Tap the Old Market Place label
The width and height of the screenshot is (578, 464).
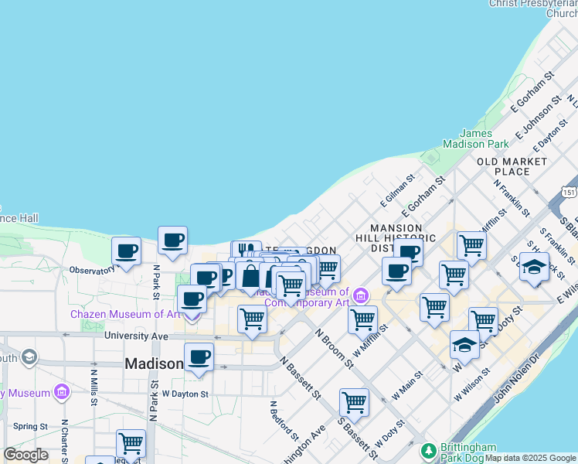tap(512, 166)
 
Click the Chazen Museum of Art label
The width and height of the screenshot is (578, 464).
tap(124, 314)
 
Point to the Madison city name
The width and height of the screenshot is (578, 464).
tap(154, 363)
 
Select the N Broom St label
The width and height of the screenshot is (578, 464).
tap(335, 346)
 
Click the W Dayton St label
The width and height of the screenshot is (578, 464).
tap(185, 394)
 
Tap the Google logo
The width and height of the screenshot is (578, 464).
tap(25, 455)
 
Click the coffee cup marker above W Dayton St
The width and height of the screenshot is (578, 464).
tap(199, 357)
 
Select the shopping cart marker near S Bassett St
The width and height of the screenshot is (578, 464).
tap(354, 401)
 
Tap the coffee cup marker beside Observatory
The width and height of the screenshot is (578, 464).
tap(126, 251)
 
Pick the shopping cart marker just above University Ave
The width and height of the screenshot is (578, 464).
tap(252, 318)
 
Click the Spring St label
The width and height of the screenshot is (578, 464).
tap(31, 426)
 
